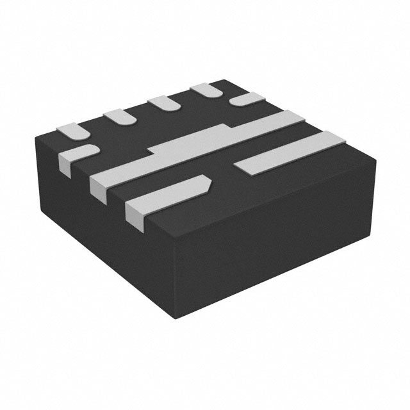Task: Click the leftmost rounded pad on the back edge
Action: click(73, 130)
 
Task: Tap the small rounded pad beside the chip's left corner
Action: click(78, 156)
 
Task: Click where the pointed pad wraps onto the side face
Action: click(135, 218)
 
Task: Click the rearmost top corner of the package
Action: click(224, 81)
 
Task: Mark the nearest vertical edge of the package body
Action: click(174, 282)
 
